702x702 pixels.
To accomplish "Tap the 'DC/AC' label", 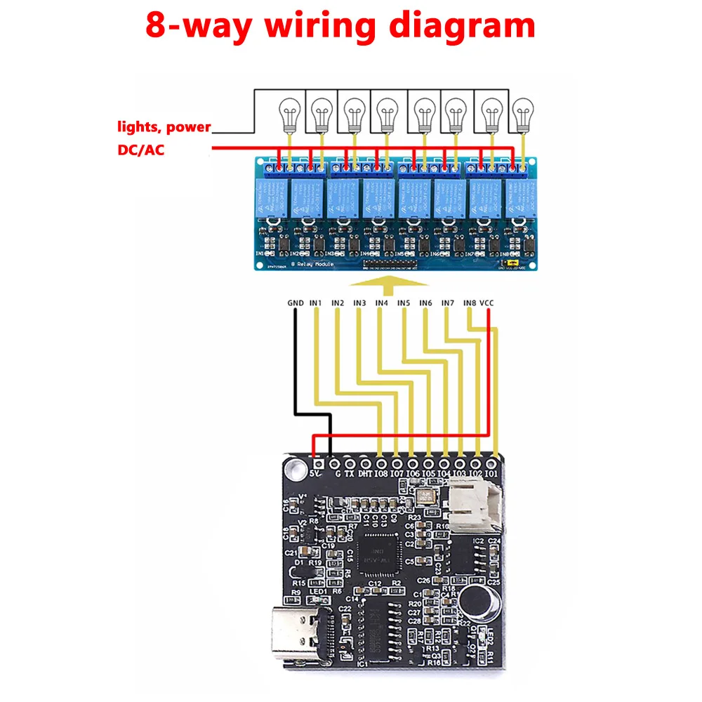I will tap(141, 150).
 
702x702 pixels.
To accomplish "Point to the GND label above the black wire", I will tap(296, 303).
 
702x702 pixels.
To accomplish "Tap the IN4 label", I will tap(381, 303).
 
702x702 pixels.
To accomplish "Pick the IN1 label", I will tap(316, 303).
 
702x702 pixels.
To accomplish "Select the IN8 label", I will tap(470, 303).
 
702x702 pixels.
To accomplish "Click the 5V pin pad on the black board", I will tap(318, 463).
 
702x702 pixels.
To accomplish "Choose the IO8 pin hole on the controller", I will tap(380, 463).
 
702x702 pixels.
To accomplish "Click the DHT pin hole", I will tap(365, 463).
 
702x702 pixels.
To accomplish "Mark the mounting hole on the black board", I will tap(290, 466).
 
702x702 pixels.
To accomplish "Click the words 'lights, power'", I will tap(164, 127).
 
